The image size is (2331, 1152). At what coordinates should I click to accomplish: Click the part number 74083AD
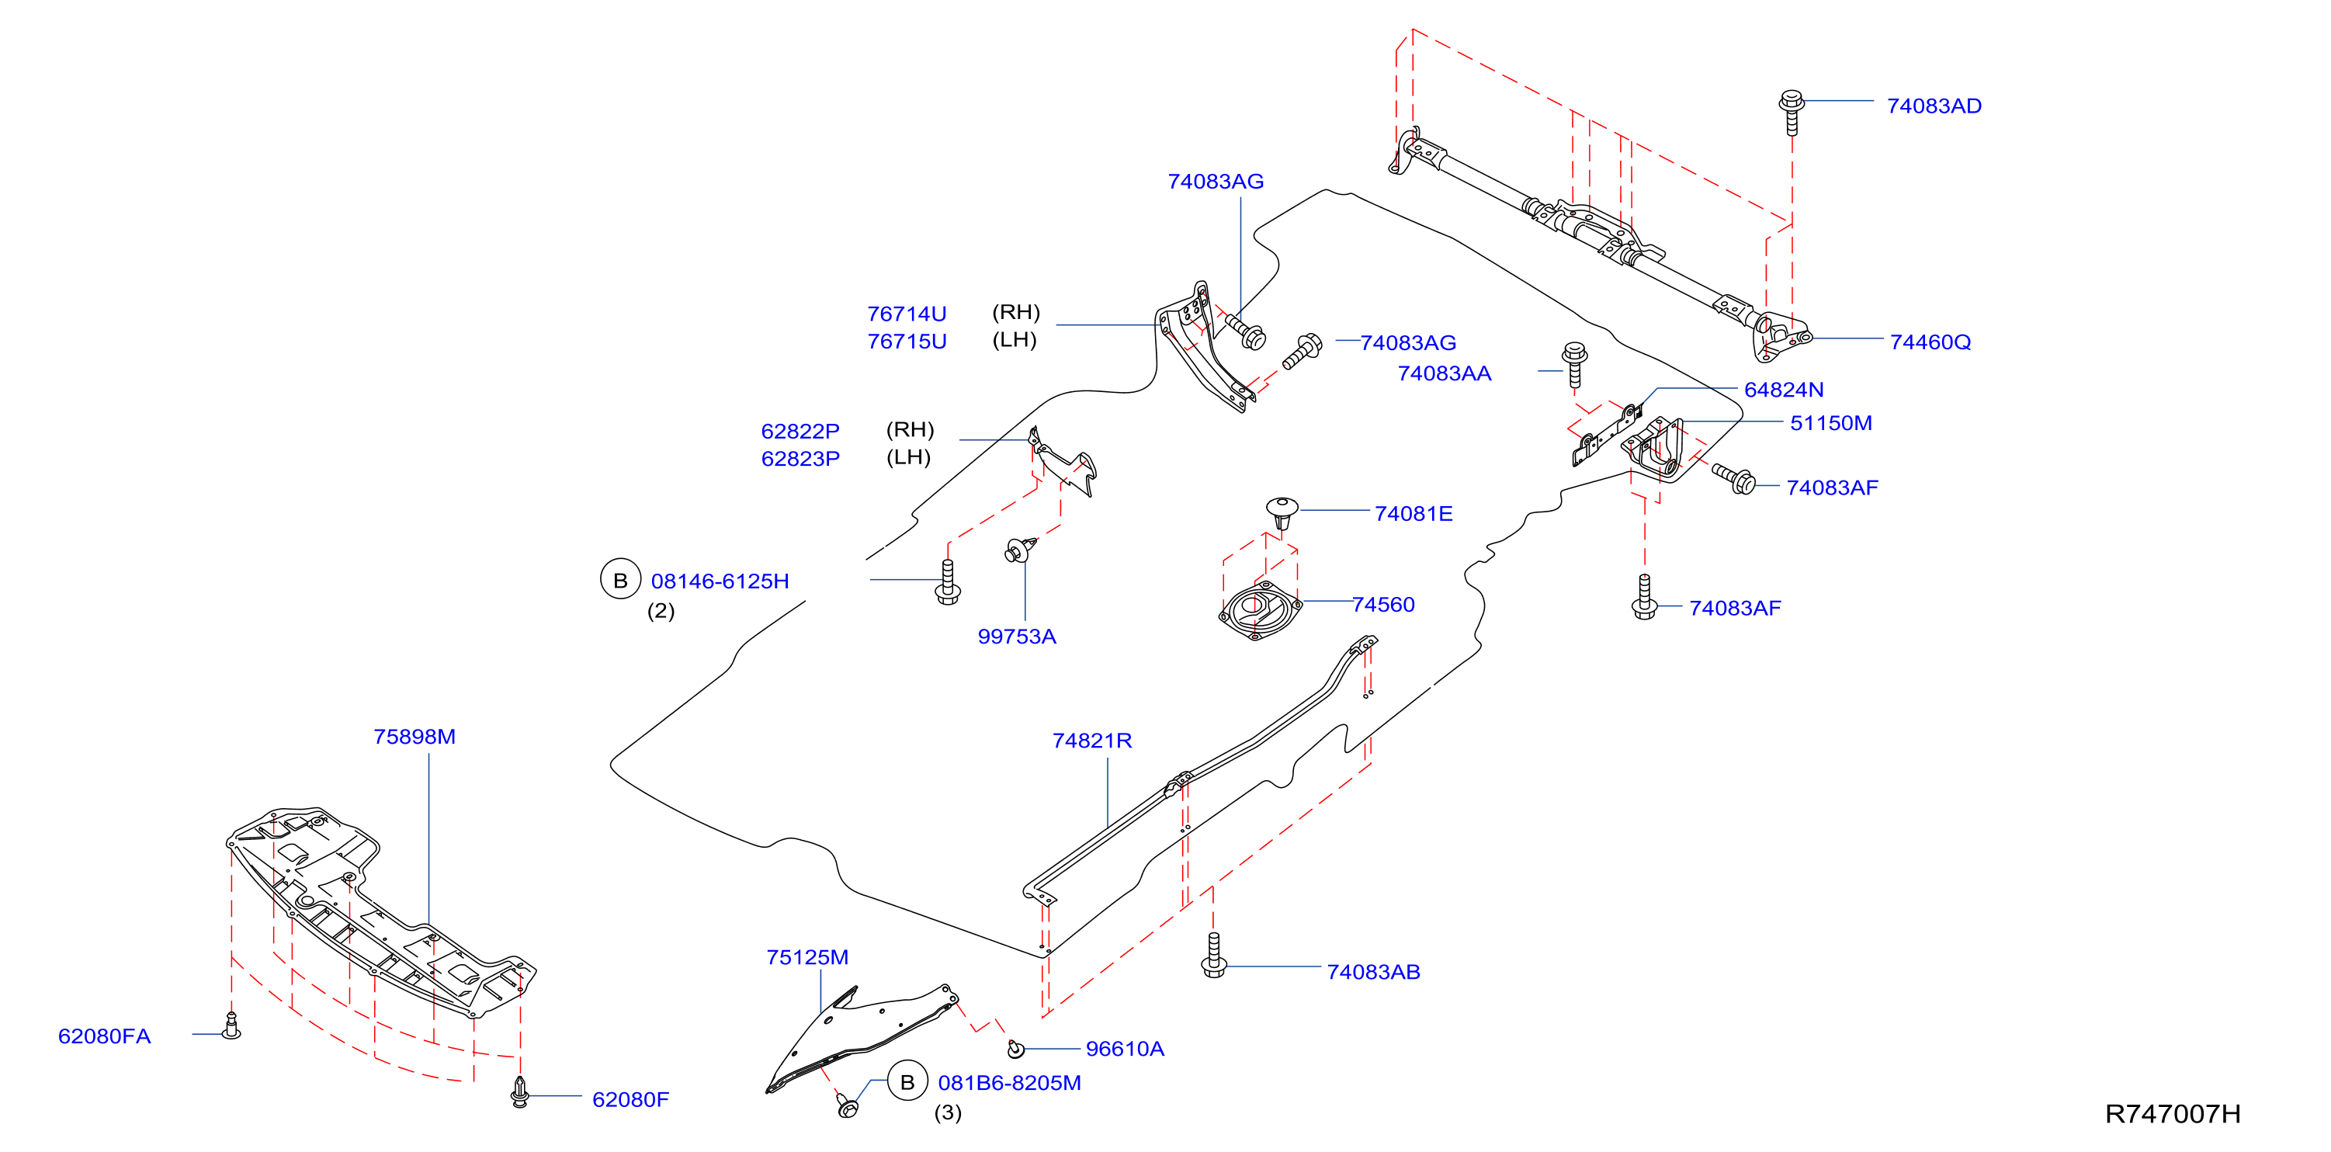[1934, 106]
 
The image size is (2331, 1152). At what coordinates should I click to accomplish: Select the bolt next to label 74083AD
[1791, 111]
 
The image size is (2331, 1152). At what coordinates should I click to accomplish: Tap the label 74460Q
[1930, 342]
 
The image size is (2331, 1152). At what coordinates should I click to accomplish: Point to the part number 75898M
[415, 737]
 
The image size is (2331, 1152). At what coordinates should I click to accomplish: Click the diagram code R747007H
[2173, 1114]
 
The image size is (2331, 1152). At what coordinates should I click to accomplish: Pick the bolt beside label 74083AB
[1213, 956]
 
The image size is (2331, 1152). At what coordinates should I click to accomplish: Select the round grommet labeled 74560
[1260, 610]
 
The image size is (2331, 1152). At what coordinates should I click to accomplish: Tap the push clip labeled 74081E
[1282, 512]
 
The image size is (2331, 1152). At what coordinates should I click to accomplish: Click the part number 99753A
[1016, 637]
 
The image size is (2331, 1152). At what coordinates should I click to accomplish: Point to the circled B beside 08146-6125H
[621, 580]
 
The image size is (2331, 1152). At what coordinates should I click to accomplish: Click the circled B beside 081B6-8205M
[907, 1081]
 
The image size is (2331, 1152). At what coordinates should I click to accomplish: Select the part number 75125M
[807, 957]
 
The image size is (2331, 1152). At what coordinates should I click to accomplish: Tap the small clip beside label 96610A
[1016, 1048]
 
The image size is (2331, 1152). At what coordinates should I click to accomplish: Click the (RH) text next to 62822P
[910, 429]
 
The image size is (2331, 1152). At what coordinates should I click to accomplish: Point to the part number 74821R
[1092, 741]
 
